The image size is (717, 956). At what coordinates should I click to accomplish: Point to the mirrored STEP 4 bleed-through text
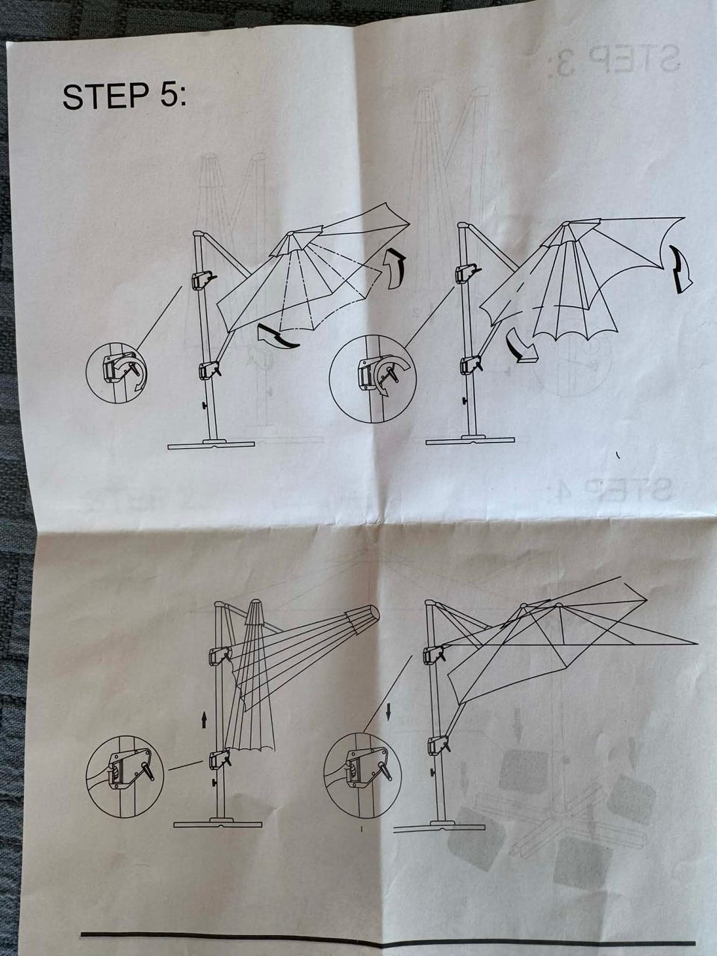click(615, 489)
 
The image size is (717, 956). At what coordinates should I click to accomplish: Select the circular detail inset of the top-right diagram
click(373, 379)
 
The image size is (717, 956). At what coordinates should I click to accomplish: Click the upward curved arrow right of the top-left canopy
click(396, 269)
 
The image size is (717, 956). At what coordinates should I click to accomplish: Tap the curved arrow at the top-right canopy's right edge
click(682, 270)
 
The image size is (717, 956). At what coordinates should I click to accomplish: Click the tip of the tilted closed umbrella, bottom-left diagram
click(373, 613)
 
